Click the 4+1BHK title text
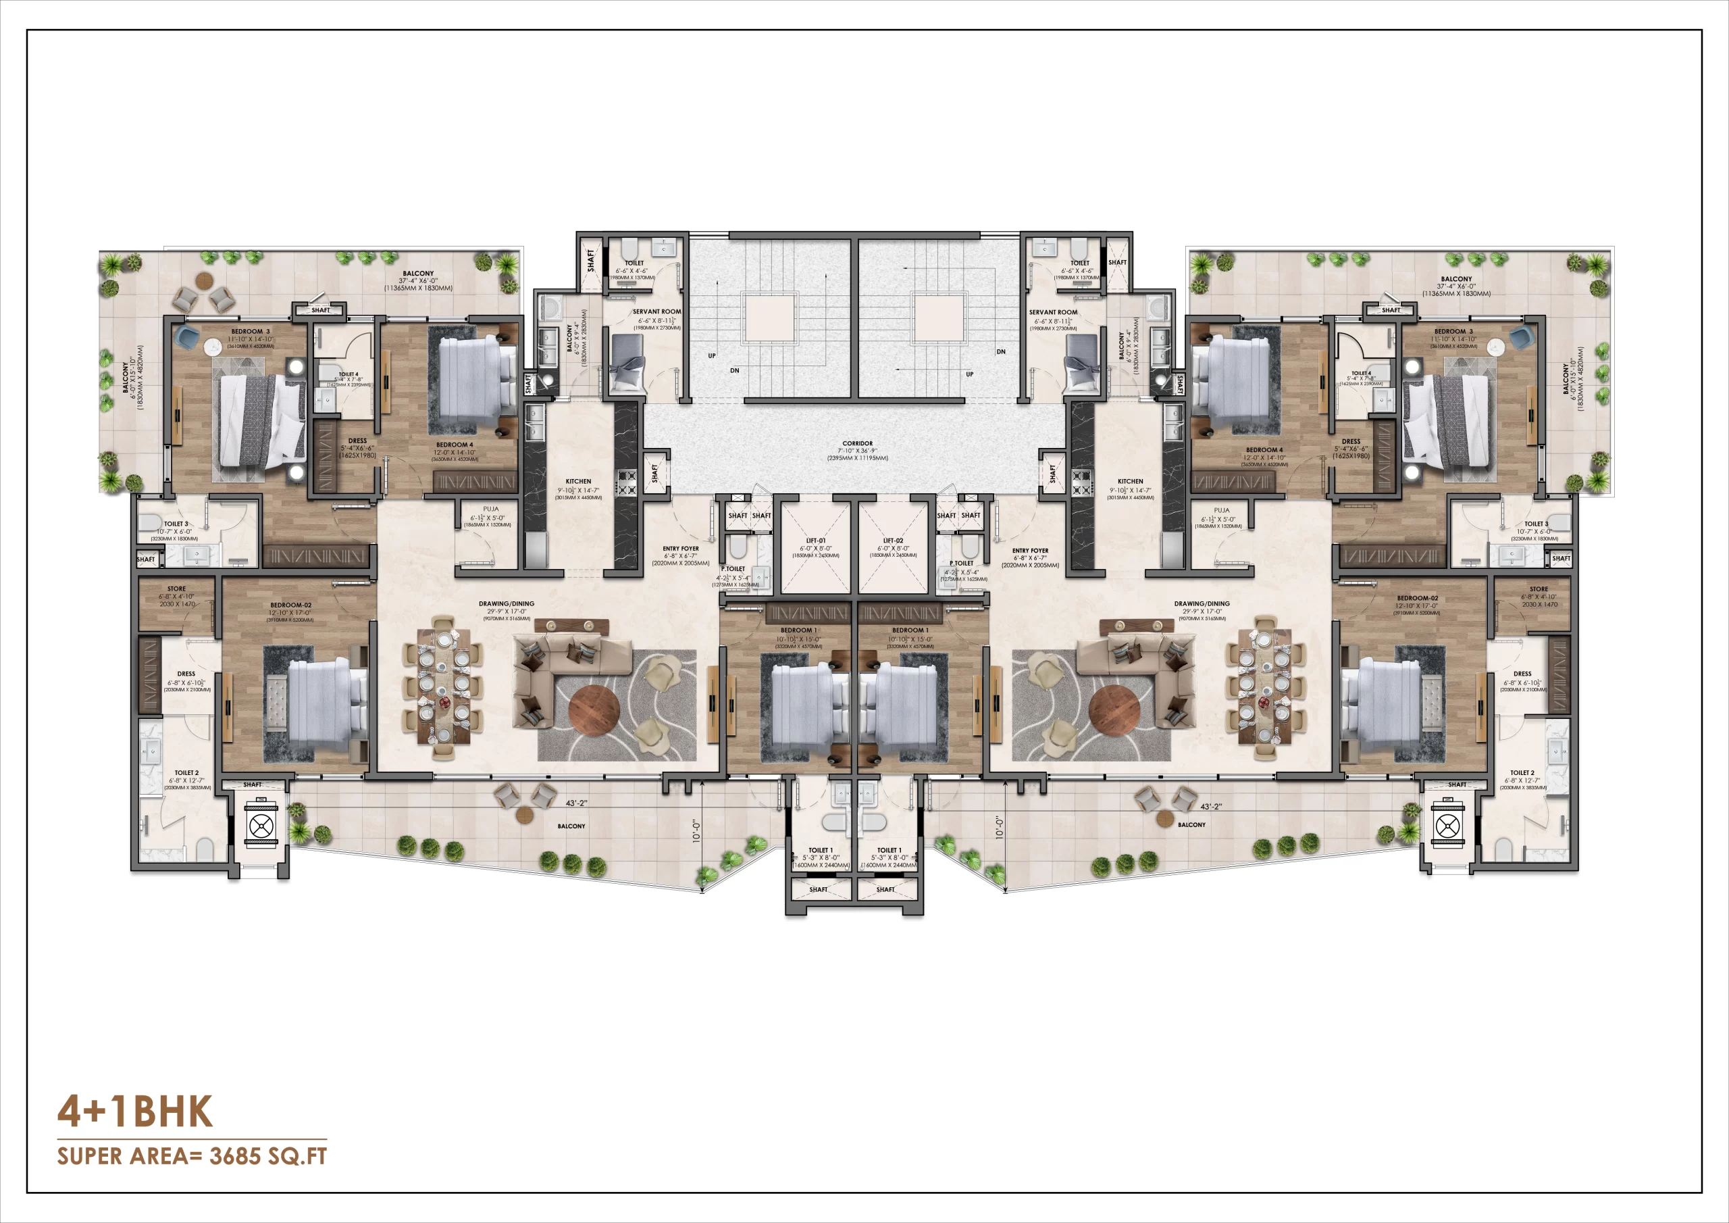(136, 1112)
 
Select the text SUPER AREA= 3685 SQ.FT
(192, 1156)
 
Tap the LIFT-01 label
(816, 541)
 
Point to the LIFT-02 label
(893, 541)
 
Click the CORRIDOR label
(858, 443)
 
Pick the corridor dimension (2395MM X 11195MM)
(858, 458)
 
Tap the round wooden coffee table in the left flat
(594, 709)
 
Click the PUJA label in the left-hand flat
(491, 509)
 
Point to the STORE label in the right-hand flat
(1539, 589)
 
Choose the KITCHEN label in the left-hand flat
(578, 481)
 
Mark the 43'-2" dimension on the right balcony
(1211, 806)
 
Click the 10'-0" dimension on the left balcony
(696, 831)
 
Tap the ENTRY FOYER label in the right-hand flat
(1030, 551)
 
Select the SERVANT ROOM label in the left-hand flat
(656, 311)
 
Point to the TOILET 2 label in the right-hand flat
(1522, 772)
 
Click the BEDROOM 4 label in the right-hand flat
(1264, 450)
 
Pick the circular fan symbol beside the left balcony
(261, 826)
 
